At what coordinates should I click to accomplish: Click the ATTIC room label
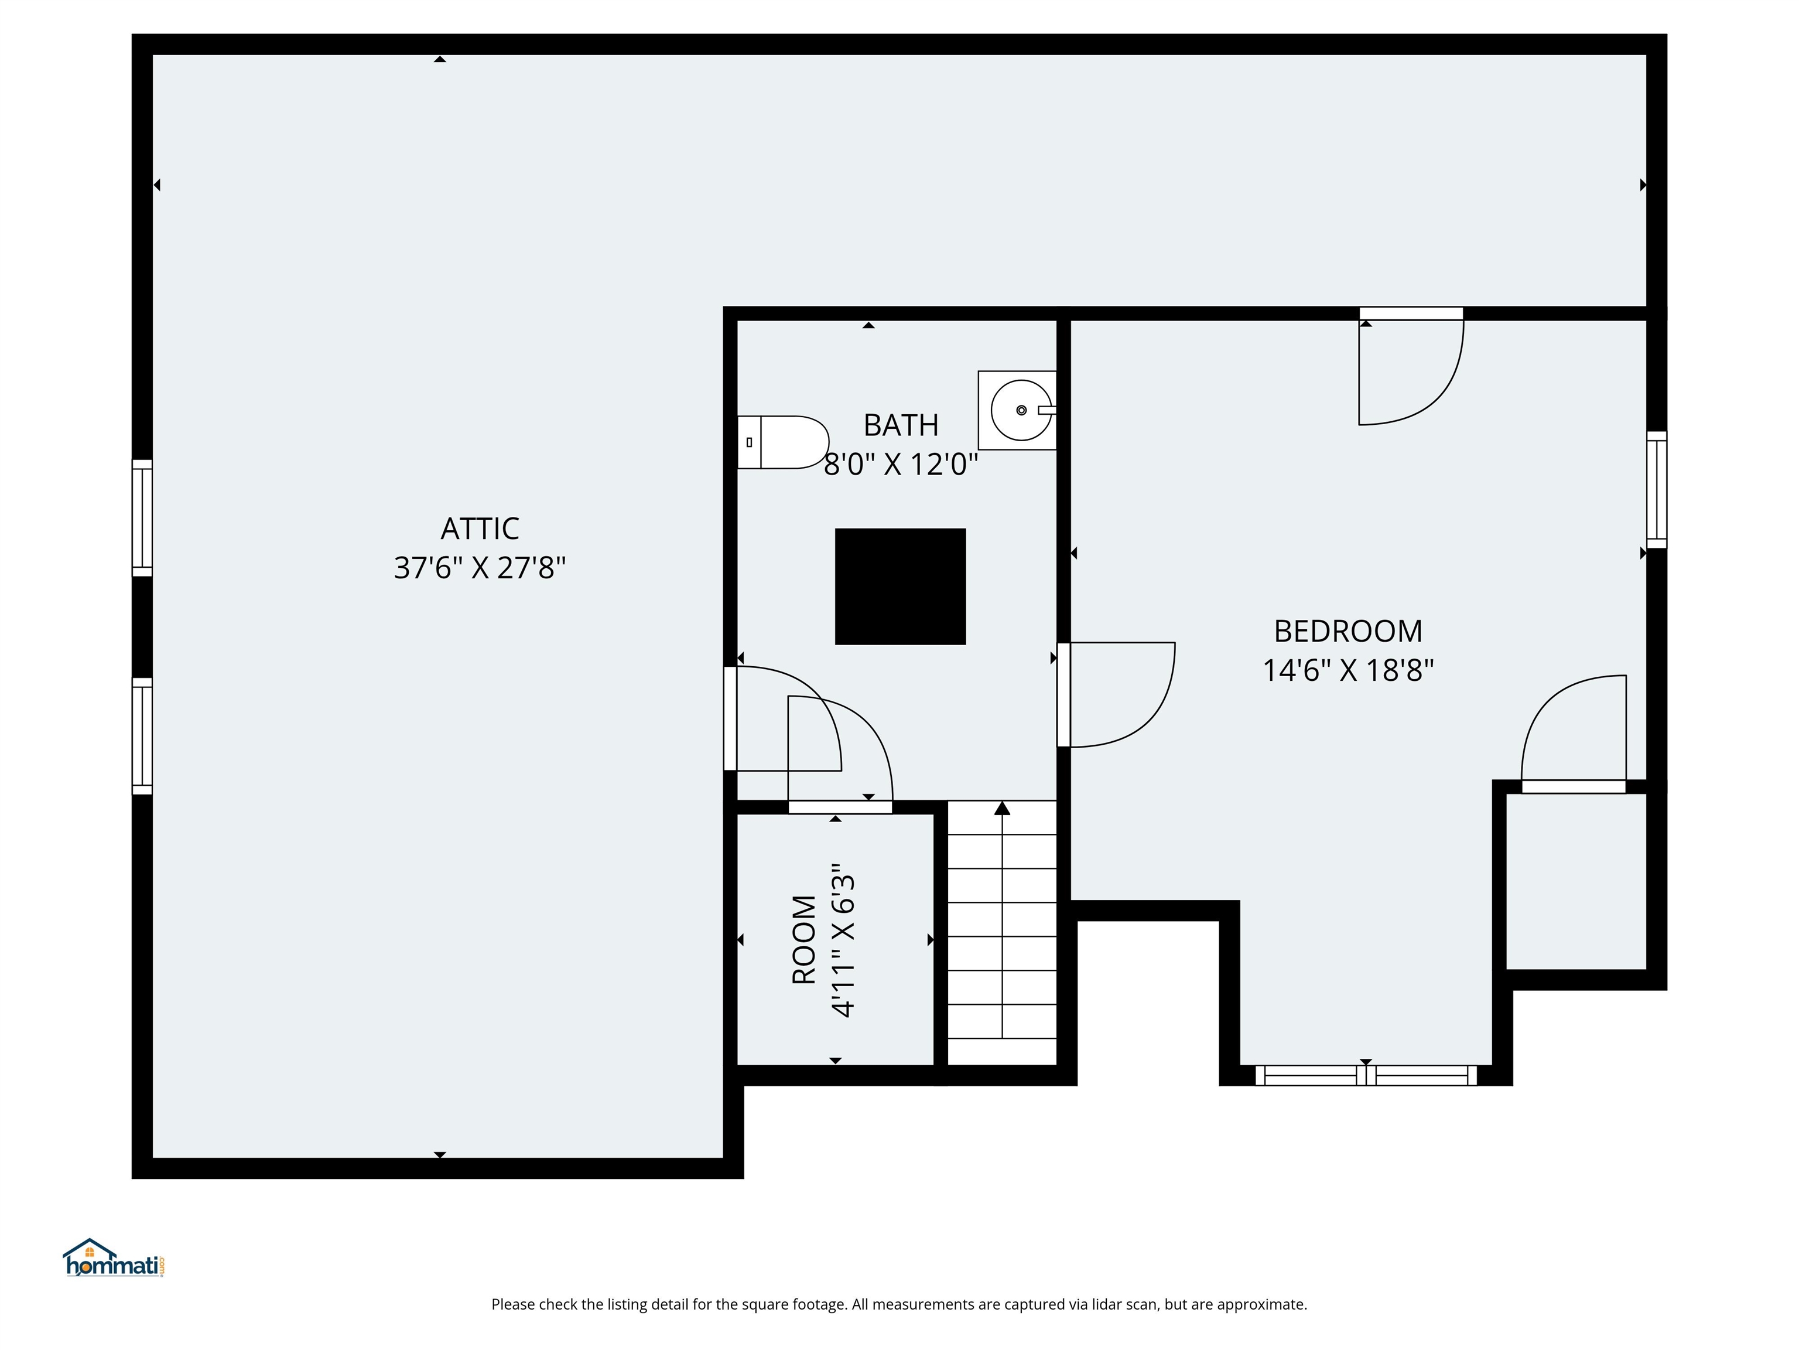[480, 529]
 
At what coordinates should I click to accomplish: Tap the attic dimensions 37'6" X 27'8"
[480, 567]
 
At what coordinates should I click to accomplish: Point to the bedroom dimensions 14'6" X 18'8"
[1347, 670]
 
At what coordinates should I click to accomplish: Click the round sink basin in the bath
[1021, 410]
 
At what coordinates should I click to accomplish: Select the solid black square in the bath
[900, 587]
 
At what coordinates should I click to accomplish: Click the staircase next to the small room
[1002, 936]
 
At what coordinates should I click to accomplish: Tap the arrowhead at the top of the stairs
[1002, 808]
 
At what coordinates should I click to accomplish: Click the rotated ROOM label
[803, 940]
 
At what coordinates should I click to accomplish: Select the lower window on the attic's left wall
[142, 735]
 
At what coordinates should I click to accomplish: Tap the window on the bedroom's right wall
[1657, 490]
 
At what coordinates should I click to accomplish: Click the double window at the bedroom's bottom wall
[1366, 1076]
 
